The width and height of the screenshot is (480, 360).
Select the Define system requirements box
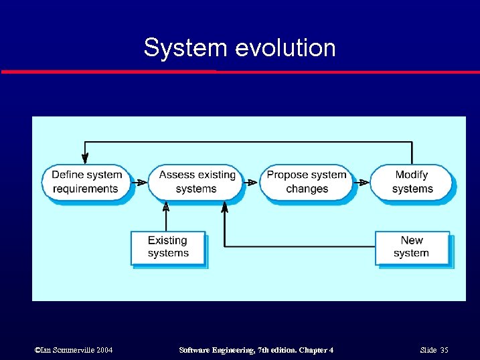[x=86, y=181]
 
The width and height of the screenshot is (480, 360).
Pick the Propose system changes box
[x=307, y=181]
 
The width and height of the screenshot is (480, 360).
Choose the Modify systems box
[x=411, y=181]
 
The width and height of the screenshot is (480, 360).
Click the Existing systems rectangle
[x=167, y=247]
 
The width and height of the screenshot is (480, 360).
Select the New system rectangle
[x=411, y=247]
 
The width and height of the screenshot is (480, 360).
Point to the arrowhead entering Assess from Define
[x=143, y=182]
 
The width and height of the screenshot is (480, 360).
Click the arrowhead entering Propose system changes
[x=253, y=182]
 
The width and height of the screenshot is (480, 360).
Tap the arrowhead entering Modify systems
[x=364, y=182]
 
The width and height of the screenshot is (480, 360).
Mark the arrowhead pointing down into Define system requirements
[x=85, y=159]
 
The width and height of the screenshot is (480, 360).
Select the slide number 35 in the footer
[x=444, y=351]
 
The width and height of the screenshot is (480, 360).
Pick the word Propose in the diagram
[x=287, y=175]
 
